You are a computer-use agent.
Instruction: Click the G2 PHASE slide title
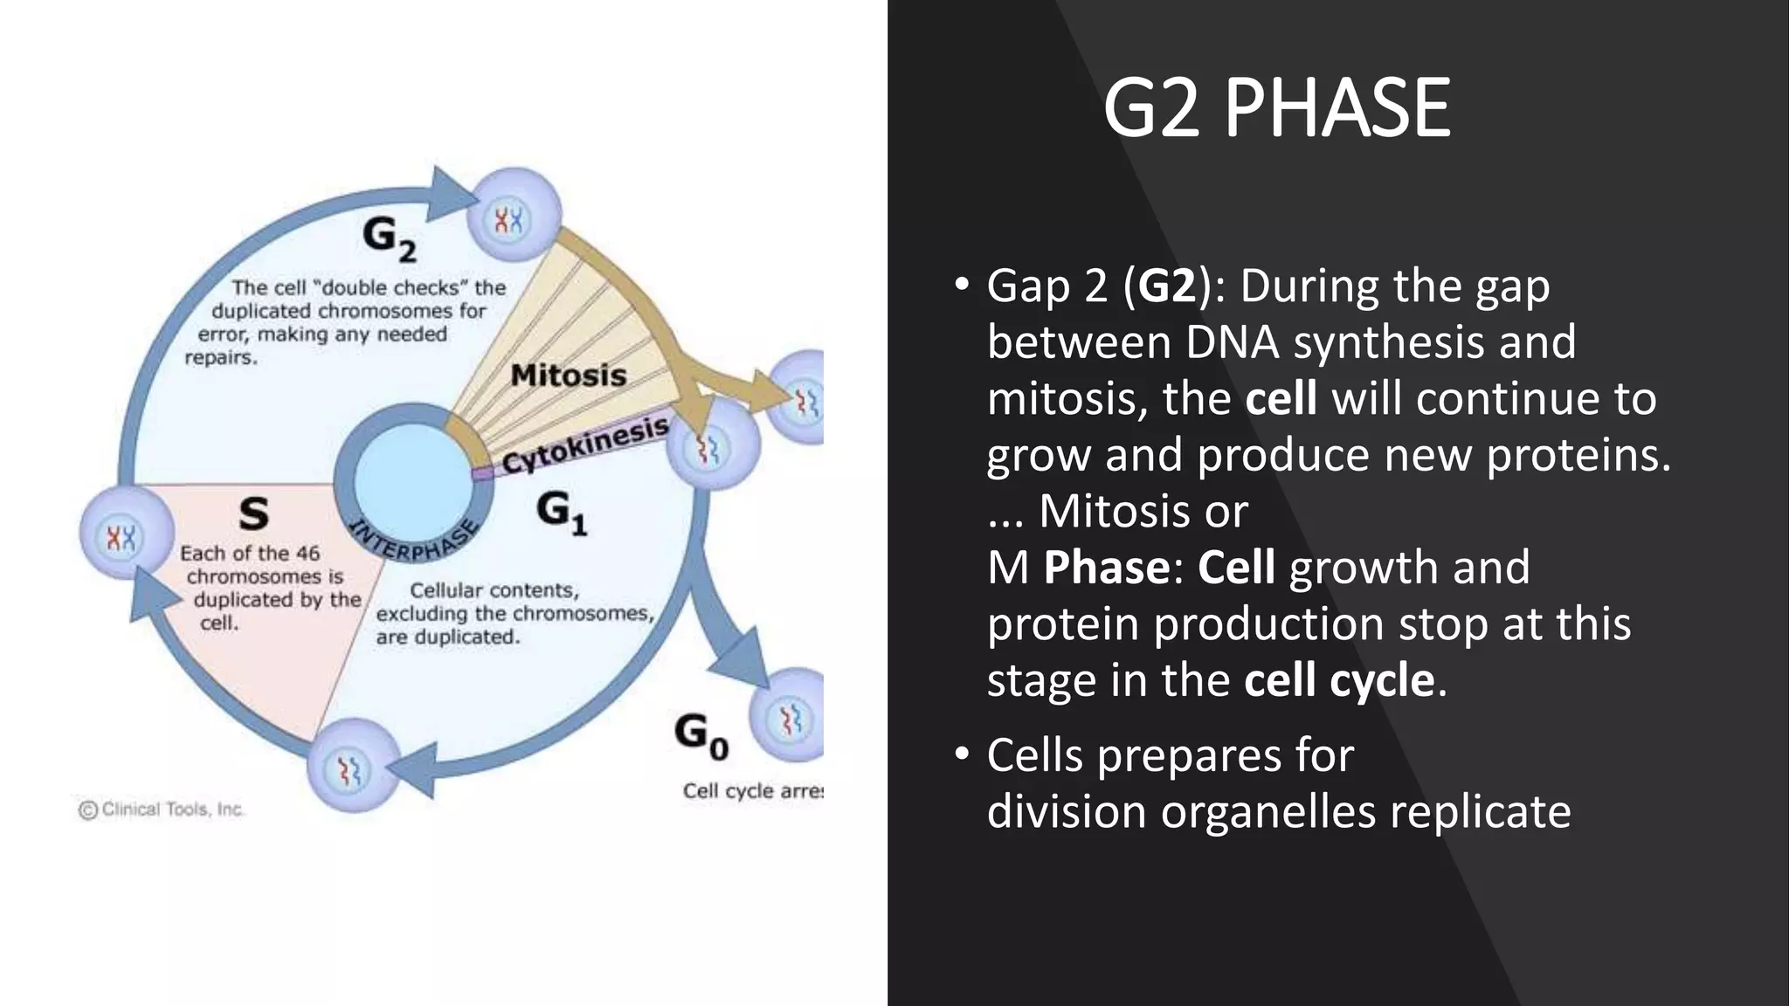click(1276, 108)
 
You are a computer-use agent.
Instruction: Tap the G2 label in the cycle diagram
click(389, 238)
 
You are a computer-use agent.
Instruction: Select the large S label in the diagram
click(253, 514)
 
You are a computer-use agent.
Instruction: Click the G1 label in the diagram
click(561, 511)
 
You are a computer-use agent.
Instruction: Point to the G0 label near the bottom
click(701, 735)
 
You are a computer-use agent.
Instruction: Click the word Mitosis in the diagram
click(569, 376)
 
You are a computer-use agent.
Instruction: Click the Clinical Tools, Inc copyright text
click(162, 810)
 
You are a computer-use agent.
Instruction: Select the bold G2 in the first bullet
click(1167, 286)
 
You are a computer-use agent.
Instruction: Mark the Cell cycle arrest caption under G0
click(752, 791)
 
